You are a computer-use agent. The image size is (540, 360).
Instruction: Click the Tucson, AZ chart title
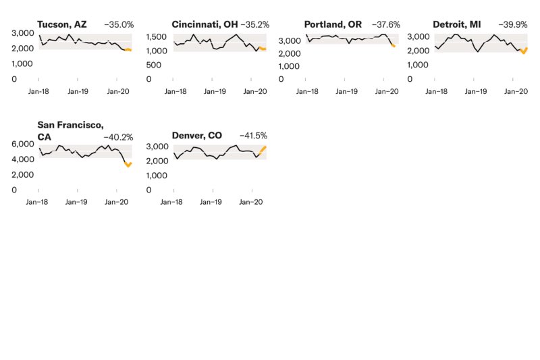[x=62, y=24]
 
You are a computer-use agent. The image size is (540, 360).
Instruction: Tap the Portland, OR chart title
[x=333, y=24]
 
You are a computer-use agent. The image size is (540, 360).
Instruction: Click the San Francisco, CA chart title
[x=70, y=130]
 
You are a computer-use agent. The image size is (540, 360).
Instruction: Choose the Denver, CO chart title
[x=197, y=136]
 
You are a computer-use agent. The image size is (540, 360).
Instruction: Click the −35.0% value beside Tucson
[x=119, y=24]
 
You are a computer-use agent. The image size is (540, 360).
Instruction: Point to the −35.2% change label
[x=255, y=24]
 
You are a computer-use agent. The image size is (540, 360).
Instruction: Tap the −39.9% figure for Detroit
[x=513, y=24]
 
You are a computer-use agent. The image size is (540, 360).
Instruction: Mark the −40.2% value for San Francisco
[x=119, y=136]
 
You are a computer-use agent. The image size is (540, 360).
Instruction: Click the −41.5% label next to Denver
[x=253, y=136]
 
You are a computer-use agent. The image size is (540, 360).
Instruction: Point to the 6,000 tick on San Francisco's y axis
[x=24, y=145]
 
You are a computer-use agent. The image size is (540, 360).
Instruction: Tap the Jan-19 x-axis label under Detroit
[x=475, y=91]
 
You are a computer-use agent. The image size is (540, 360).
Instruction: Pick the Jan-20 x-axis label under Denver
[x=251, y=201]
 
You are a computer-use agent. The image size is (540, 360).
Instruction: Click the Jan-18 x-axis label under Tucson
[x=38, y=91]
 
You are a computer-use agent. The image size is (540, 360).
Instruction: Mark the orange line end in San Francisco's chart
[x=130, y=163]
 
